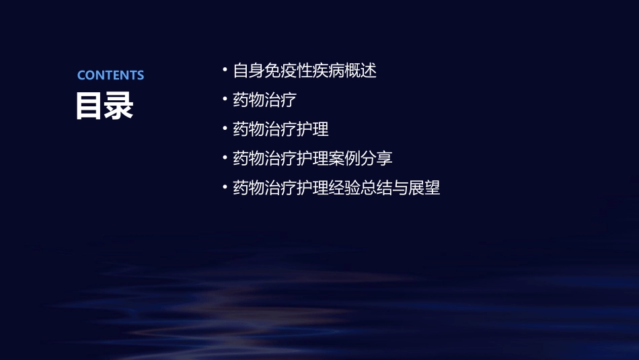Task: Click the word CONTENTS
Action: point(110,75)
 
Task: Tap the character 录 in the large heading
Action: point(119,106)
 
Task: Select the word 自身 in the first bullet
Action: point(248,71)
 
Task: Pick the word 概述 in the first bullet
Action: point(361,71)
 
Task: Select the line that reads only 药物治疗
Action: point(264,100)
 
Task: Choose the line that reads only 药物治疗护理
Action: point(280,129)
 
